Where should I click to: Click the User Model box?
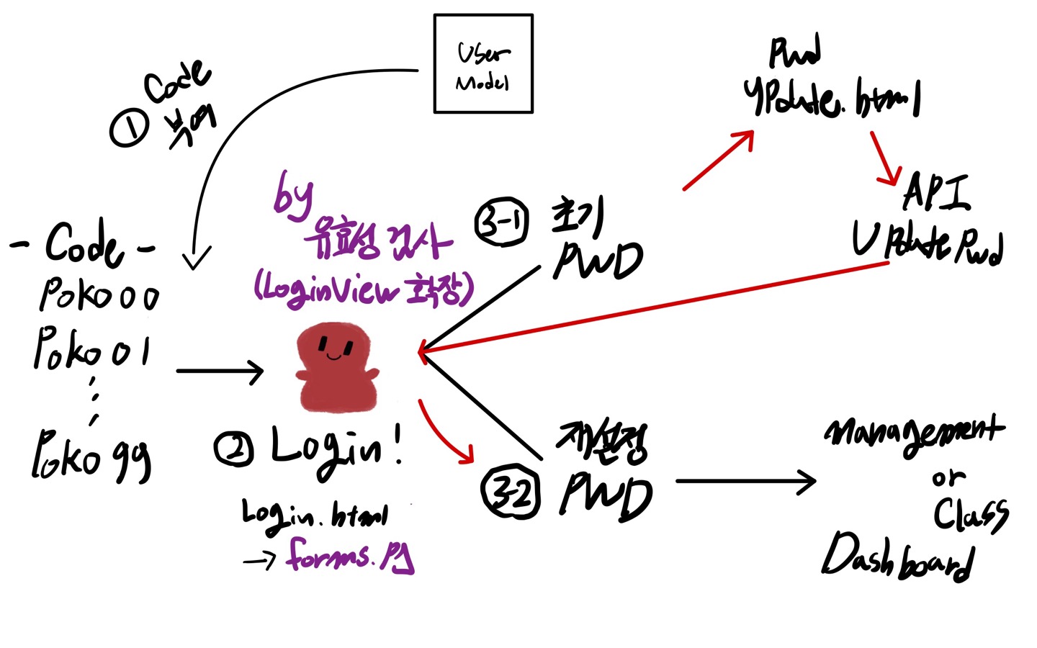coord(483,64)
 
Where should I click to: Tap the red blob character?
coord(336,367)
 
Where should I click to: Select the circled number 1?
coord(129,128)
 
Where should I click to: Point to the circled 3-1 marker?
coord(502,222)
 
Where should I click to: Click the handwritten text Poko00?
coord(99,295)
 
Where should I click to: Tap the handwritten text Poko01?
coord(92,350)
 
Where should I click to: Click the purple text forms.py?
coord(351,557)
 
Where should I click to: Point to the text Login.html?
coord(315,516)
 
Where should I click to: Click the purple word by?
coord(293,195)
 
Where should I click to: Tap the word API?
coord(936,192)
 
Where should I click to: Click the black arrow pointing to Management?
coord(745,482)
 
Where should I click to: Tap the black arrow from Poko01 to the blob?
coord(220,372)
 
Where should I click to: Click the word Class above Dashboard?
coord(971,514)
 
